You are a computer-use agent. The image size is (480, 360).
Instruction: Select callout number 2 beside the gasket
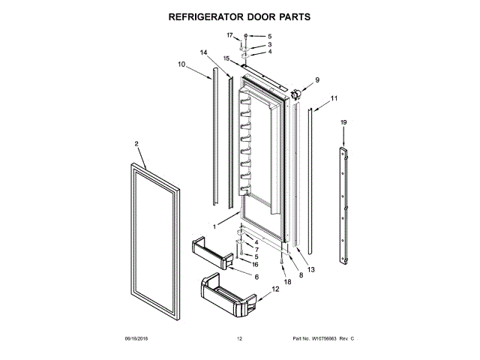(x=137, y=143)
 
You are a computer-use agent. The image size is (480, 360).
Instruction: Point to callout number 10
(x=181, y=64)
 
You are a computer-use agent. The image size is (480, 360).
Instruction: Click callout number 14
(x=203, y=52)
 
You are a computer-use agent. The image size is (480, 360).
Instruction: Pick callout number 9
(x=316, y=80)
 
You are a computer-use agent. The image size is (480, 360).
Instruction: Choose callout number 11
(x=334, y=98)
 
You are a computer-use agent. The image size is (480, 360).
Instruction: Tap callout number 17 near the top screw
(x=230, y=35)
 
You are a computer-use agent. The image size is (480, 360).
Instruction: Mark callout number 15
(x=226, y=58)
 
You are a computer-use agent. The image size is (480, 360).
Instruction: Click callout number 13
(x=311, y=269)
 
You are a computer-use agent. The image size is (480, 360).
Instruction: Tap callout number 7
(x=256, y=250)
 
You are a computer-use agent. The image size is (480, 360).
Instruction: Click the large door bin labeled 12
(x=225, y=298)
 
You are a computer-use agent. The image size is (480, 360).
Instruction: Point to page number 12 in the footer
(x=240, y=340)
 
